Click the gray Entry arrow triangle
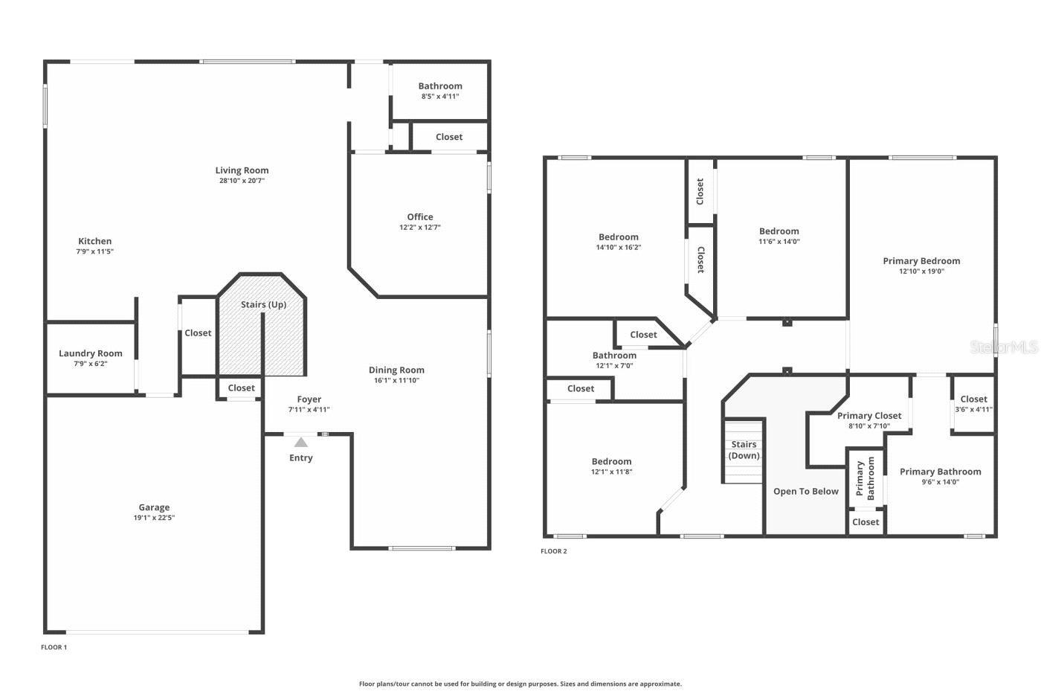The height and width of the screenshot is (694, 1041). coord(300,442)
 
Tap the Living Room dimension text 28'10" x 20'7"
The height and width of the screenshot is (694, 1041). coord(242,181)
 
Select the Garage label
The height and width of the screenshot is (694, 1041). coord(154,507)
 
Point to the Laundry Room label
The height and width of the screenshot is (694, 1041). coord(91,353)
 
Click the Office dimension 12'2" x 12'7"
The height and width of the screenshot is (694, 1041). coord(419,228)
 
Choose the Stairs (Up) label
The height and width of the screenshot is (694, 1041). coord(263,304)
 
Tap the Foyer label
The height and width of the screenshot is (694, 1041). coord(309,399)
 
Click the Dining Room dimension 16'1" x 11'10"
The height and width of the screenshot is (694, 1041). coord(396,380)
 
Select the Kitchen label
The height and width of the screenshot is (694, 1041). coord(95,241)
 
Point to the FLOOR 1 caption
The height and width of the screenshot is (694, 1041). coord(54,647)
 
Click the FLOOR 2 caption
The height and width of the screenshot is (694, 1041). coord(553,551)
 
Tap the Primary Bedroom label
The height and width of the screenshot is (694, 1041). coord(921,261)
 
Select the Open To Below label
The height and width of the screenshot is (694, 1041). coord(806,492)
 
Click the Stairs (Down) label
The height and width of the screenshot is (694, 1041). coord(744,450)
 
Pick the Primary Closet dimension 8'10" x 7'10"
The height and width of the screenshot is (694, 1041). coord(869,425)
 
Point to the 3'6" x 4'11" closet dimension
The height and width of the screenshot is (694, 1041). coord(973,410)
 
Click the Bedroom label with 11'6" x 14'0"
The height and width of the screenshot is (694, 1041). coord(779,231)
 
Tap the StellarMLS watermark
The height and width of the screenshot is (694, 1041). coord(1003,347)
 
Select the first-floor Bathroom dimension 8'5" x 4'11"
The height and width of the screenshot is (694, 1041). coord(440,97)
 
